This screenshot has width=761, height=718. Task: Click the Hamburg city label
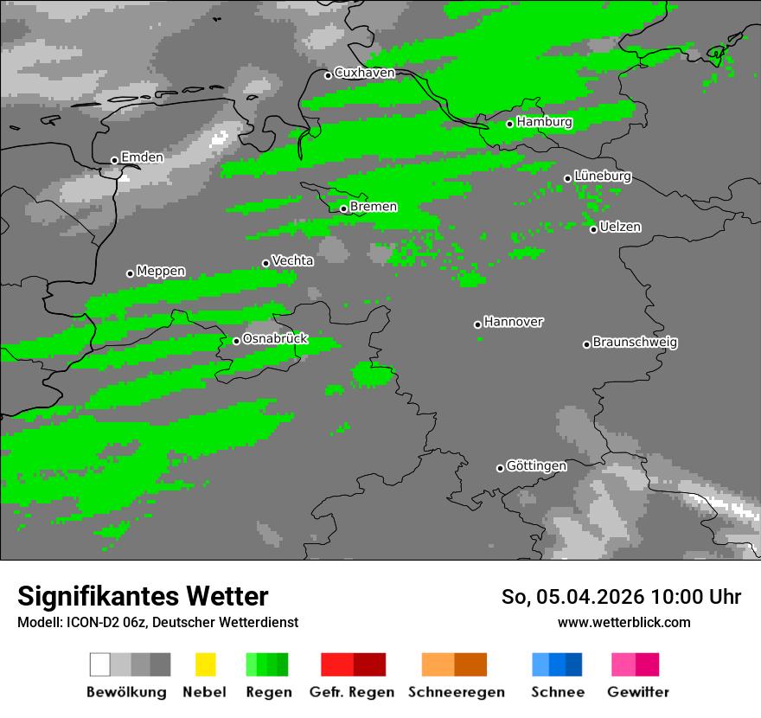pyautogui.click(x=545, y=122)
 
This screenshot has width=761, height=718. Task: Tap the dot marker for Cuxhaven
pyautogui.click(x=328, y=75)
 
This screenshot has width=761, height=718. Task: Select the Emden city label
pyautogui.click(x=142, y=157)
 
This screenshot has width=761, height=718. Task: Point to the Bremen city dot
pyautogui.click(x=343, y=208)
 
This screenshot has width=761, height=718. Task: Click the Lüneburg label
pyautogui.click(x=603, y=176)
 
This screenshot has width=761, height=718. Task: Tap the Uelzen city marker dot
pyautogui.click(x=593, y=229)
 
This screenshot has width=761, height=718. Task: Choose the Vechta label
pyautogui.click(x=292, y=260)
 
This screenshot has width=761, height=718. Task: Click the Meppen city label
pyautogui.click(x=161, y=271)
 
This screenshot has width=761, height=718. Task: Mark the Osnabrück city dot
pyautogui.click(x=236, y=341)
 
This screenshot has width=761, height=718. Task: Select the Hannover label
pyautogui.click(x=514, y=322)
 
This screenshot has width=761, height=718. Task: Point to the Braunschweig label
pyautogui.click(x=635, y=342)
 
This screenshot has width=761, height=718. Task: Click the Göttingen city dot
pyautogui.click(x=500, y=468)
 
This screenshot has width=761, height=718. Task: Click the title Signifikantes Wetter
pyautogui.click(x=143, y=596)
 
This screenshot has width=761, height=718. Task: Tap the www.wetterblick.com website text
pyautogui.click(x=624, y=622)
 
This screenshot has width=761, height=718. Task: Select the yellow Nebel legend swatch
pyautogui.click(x=205, y=664)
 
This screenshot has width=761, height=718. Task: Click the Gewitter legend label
pyautogui.click(x=638, y=692)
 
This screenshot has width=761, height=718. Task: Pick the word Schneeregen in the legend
pyautogui.click(x=457, y=692)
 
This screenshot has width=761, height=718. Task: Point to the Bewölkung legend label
pyautogui.click(x=126, y=692)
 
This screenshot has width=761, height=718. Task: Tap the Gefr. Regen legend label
pyautogui.click(x=352, y=692)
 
